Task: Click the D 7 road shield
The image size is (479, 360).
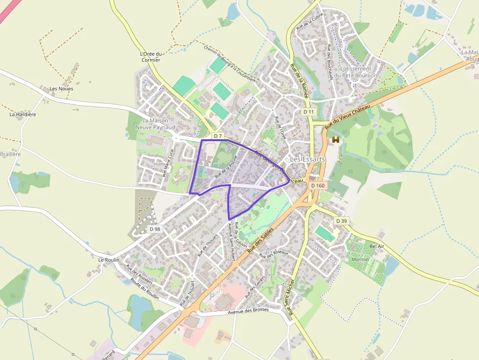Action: pos(218,135)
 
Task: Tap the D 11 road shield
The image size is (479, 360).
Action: pos(308,112)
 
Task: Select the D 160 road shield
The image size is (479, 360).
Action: pos(318,186)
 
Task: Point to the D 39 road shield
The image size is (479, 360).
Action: pos(341,221)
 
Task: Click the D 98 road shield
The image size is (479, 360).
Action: pos(155,229)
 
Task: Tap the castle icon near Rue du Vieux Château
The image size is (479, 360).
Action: pos(336,140)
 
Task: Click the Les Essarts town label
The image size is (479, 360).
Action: pos(307,159)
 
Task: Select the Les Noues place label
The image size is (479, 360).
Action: pos(62,88)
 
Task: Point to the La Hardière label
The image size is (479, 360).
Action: pos(23,114)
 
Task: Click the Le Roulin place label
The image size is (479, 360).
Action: pos(109,260)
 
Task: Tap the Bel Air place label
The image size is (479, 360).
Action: pos(377,246)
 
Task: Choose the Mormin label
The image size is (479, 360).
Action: pos(360,259)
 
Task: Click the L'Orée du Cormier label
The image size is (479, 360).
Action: pos(150,57)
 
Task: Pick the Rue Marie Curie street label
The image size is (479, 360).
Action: pos(168,163)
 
